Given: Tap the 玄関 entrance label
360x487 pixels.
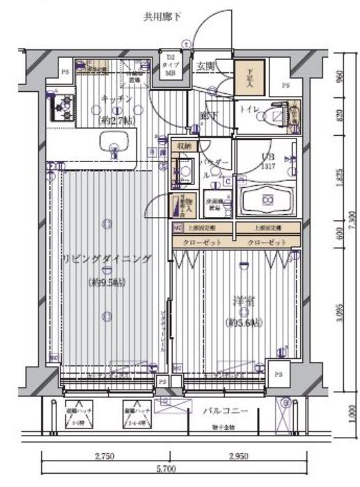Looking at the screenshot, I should (205, 66).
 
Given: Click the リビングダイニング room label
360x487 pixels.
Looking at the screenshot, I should (106, 259).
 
